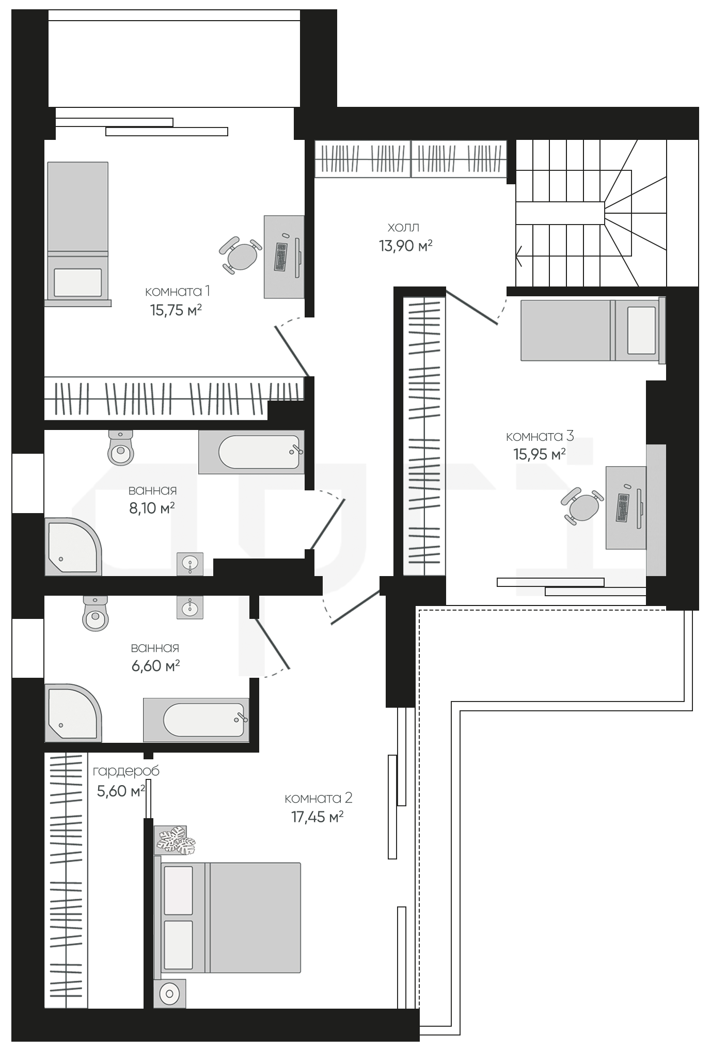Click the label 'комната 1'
[178, 291]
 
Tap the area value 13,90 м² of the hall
[405, 246]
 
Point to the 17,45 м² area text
[318, 817]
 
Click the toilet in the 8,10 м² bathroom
[121, 448]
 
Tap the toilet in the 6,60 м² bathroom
[96, 613]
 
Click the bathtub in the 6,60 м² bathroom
[196, 720]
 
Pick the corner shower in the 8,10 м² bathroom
[73, 547]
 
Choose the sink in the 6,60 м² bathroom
[190, 607]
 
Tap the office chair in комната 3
[582, 506]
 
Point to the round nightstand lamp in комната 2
[170, 993]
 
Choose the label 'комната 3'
[540, 436]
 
